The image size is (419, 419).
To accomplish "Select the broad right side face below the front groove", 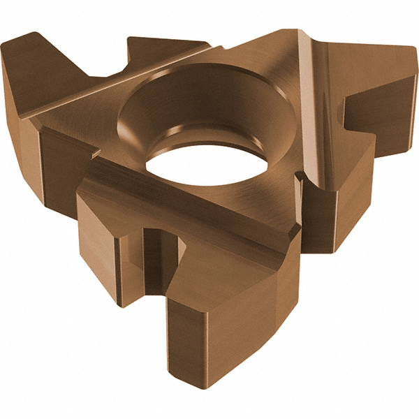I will pyautogui.click(x=265, y=300).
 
